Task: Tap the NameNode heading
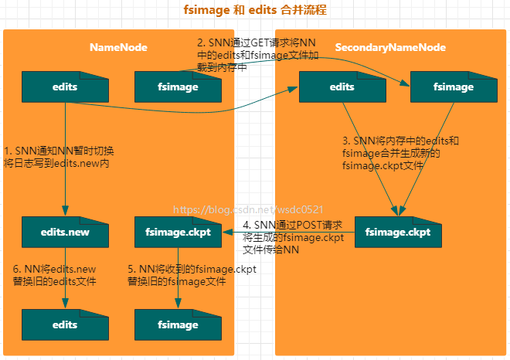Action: click(118, 47)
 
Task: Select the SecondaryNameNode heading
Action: click(390, 47)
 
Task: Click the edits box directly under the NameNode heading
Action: click(65, 87)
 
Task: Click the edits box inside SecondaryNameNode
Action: click(342, 87)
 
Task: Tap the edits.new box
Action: click(65, 232)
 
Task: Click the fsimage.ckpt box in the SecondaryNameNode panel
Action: click(397, 232)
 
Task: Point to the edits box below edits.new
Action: click(65, 324)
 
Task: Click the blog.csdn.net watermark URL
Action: click(247, 209)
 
